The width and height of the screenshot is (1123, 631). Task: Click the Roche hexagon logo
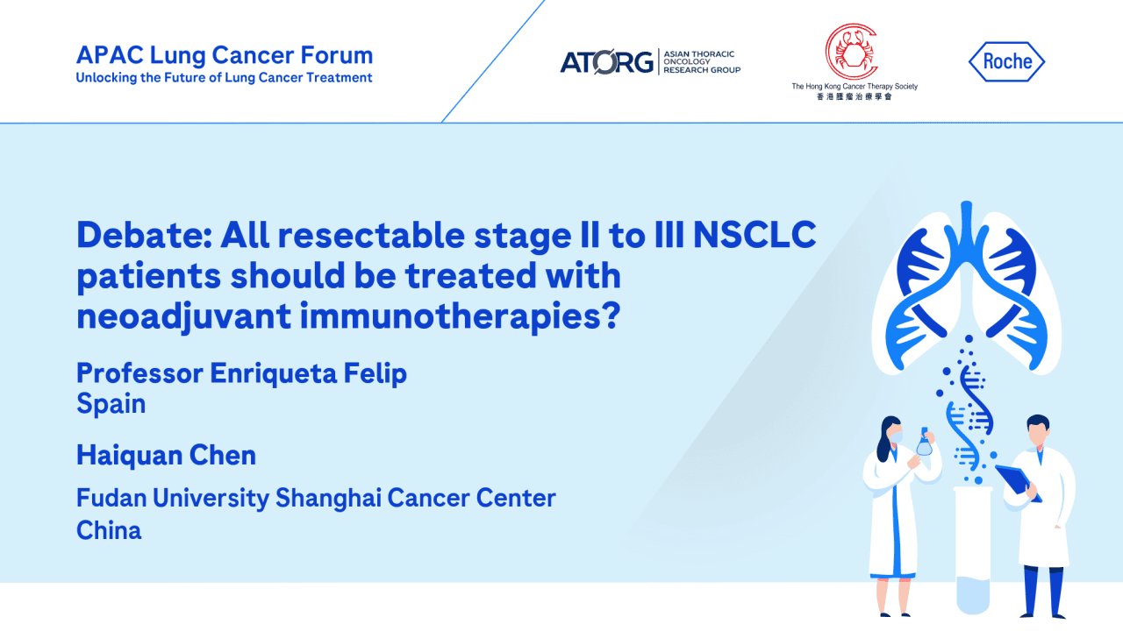point(1006,62)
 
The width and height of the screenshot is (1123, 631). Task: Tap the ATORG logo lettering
point(606,62)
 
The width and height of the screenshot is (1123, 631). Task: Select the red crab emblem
point(850,51)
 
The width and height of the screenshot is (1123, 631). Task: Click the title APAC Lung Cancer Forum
point(225,55)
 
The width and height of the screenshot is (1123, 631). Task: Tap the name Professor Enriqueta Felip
point(241,373)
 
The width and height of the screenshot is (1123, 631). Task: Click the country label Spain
point(111,404)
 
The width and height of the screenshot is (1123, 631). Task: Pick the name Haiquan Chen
point(166,456)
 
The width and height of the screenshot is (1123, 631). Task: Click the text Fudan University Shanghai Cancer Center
point(316,498)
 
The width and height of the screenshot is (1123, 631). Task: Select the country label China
point(109,530)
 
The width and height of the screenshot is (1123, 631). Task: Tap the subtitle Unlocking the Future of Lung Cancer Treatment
point(224,78)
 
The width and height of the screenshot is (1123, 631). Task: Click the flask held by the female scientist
point(924,444)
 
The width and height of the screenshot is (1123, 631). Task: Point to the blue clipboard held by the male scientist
point(1018,481)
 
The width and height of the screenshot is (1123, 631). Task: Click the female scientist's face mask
point(896,435)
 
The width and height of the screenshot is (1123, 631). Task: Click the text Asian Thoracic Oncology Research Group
point(701,62)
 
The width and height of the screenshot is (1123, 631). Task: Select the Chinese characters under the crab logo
point(854,96)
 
